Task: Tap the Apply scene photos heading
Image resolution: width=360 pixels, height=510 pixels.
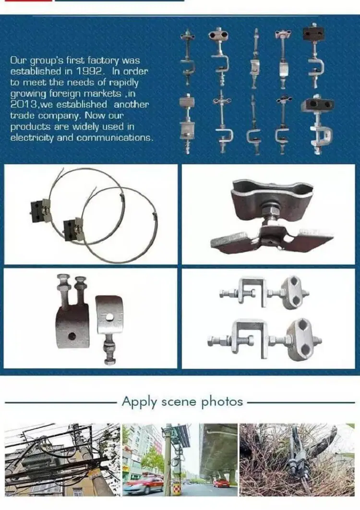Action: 182,401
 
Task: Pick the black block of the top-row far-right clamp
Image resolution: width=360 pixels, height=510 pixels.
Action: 313,34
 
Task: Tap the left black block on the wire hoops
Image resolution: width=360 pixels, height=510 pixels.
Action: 37,207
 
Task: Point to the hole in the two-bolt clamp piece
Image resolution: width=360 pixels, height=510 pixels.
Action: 72,336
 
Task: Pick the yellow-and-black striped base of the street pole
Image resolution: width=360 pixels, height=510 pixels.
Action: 176,489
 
